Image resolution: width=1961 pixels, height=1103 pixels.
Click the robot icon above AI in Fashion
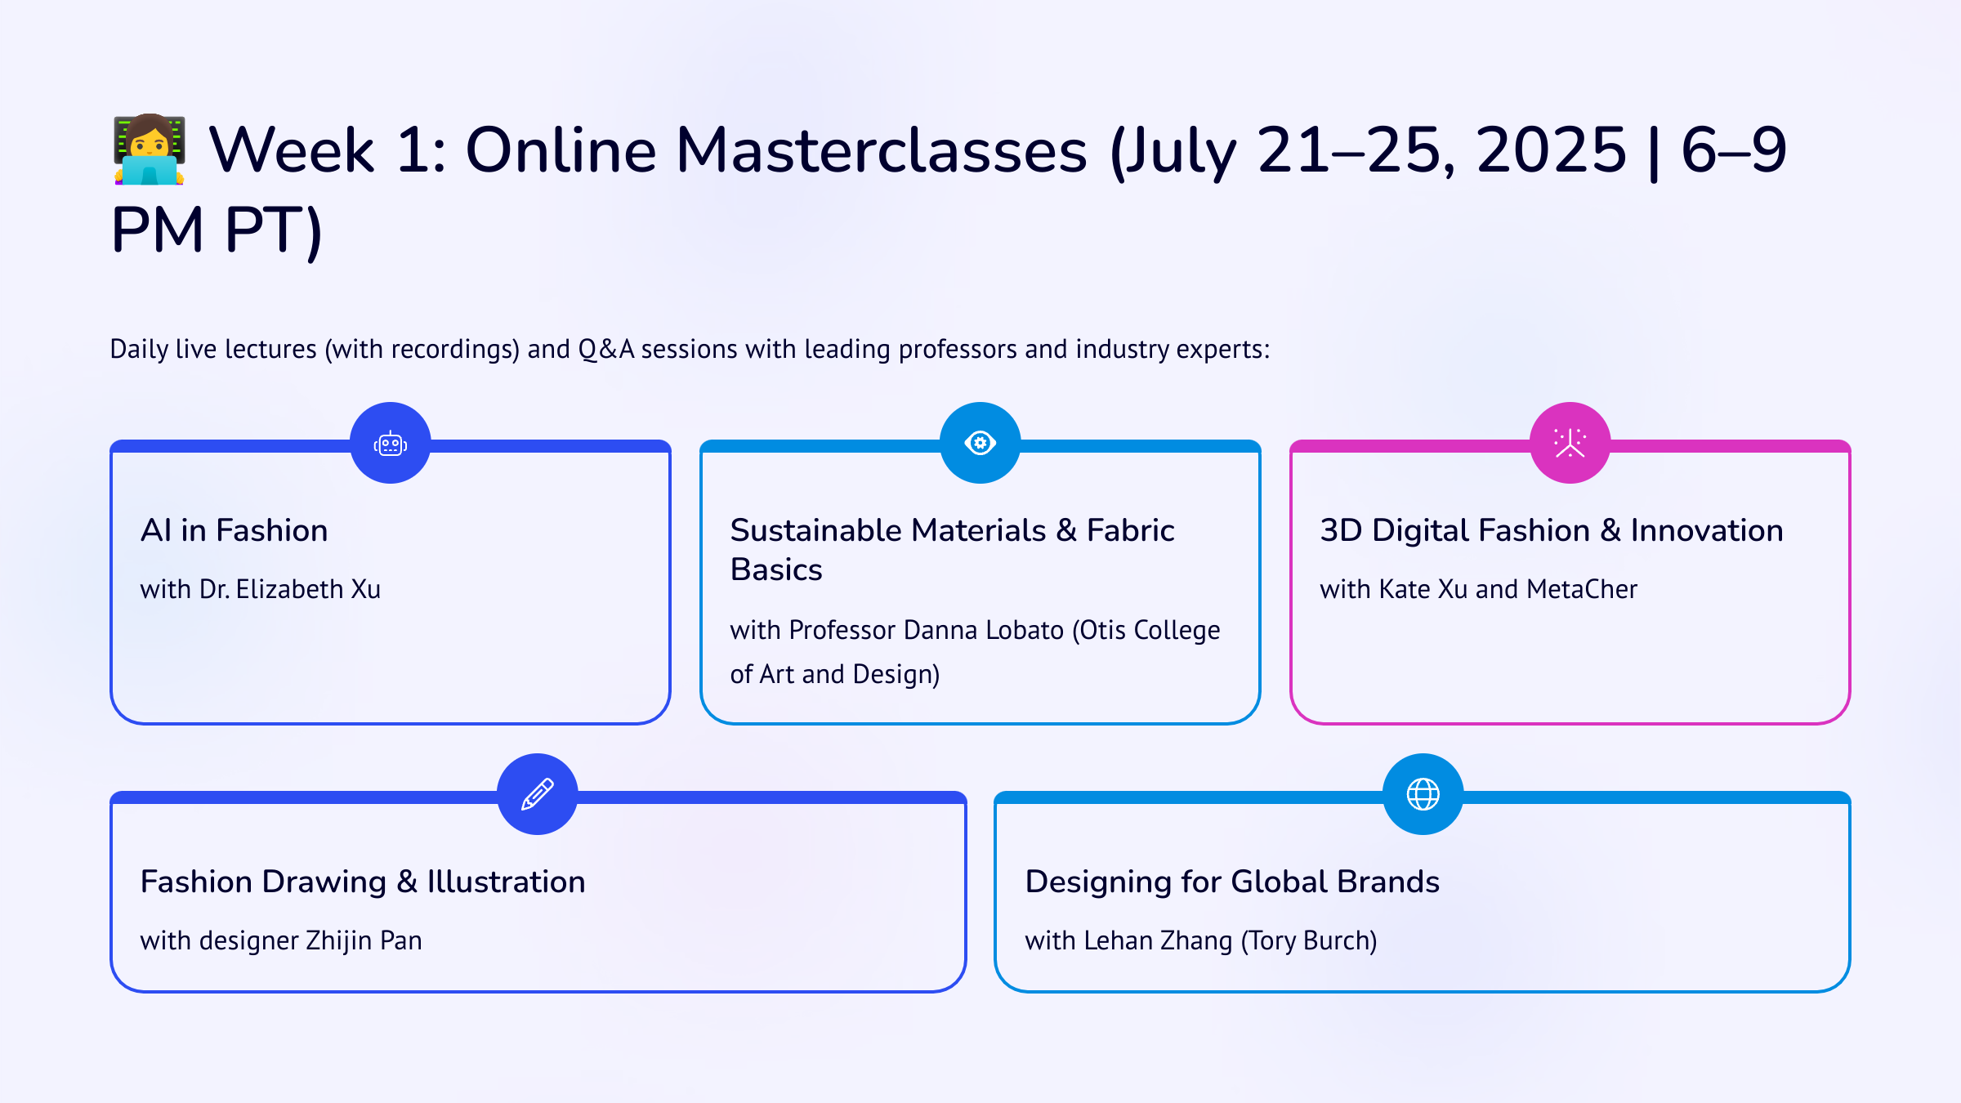coord(391,444)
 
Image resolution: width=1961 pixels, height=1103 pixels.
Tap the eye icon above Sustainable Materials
coord(981,443)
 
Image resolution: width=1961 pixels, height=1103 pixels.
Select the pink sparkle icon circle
coord(1570,443)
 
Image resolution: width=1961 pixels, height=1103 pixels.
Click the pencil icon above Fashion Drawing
coord(538,794)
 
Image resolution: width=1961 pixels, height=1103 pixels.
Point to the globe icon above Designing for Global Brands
coord(1423,794)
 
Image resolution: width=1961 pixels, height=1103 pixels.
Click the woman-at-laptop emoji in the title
coord(150,150)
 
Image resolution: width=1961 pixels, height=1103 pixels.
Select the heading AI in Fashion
coord(235,531)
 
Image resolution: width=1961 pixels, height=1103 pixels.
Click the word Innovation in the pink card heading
coord(1707,531)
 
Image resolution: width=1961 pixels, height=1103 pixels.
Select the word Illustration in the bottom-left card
coord(506,882)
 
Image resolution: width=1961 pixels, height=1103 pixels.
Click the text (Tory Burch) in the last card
coord(1309,941)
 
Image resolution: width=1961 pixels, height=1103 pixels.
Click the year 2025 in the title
coord(1552,150)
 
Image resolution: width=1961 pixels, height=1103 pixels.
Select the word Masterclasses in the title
coord(882,150)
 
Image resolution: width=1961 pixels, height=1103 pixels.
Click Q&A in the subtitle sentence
coord(606,350)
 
